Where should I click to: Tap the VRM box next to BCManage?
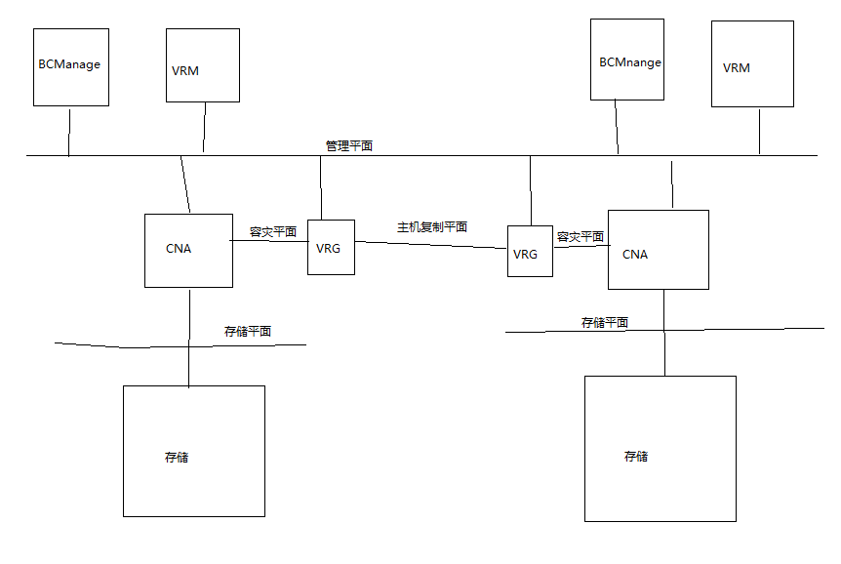coord(203,64)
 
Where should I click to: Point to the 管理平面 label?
coord(348,145)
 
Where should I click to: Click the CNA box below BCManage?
coord(188,251)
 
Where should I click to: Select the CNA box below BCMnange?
coord(658,250)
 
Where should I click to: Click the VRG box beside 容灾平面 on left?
coord(331,247)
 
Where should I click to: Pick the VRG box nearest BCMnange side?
coord(530,251)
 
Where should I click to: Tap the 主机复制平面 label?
coord(431,226)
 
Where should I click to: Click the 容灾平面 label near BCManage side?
coord(273,232)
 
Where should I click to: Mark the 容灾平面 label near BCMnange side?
coord(580,236)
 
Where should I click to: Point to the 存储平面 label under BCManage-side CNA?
coord(248,332)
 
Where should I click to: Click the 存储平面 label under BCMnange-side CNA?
coord(604,322)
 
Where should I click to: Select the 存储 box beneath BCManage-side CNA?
coord(194,451)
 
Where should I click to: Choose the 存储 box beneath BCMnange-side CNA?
coord(660,449)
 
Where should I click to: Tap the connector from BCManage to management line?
coord(69,131)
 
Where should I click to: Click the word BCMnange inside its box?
coord(630,62)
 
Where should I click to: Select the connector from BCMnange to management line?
coord(617,127)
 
